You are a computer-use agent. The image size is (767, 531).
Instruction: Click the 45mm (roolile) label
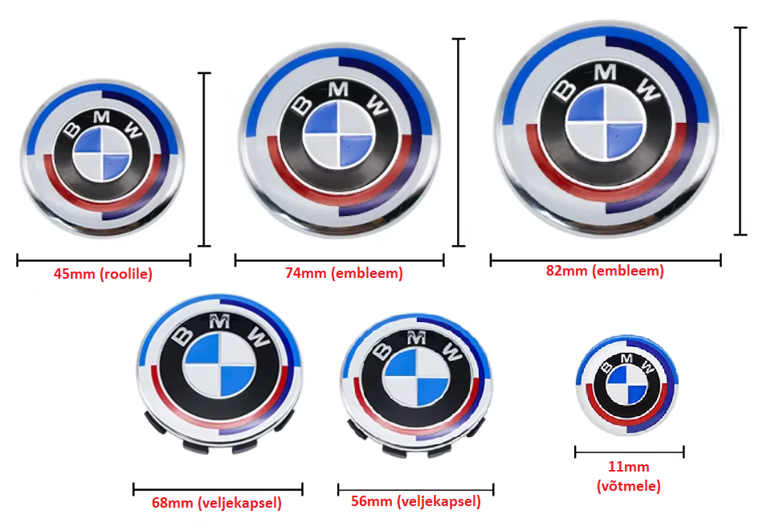(x=103, y=274)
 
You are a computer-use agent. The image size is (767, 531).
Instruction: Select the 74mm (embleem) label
(x=344, y=273)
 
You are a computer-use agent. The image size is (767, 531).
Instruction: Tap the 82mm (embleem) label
(x=605, y=271)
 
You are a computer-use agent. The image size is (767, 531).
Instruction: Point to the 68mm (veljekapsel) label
(x=217, y=504)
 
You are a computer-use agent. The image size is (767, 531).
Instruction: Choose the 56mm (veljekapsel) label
(x=416, y=502)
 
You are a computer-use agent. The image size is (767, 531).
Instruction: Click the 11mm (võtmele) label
(x=629, y=476)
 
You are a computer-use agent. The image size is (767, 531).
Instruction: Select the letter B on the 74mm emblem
(x=305, y=104)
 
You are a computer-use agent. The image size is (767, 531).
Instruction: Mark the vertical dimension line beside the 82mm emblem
(x=740, y=131)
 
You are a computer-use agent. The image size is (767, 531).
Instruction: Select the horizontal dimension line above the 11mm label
(x=629, y=452)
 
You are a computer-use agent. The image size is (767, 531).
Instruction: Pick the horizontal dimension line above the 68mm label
(x=217, y=488)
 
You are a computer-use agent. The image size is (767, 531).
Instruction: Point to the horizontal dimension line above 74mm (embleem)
(x=339, y=259)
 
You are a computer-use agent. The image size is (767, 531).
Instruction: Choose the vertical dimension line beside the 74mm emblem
(x=459, y=141)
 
